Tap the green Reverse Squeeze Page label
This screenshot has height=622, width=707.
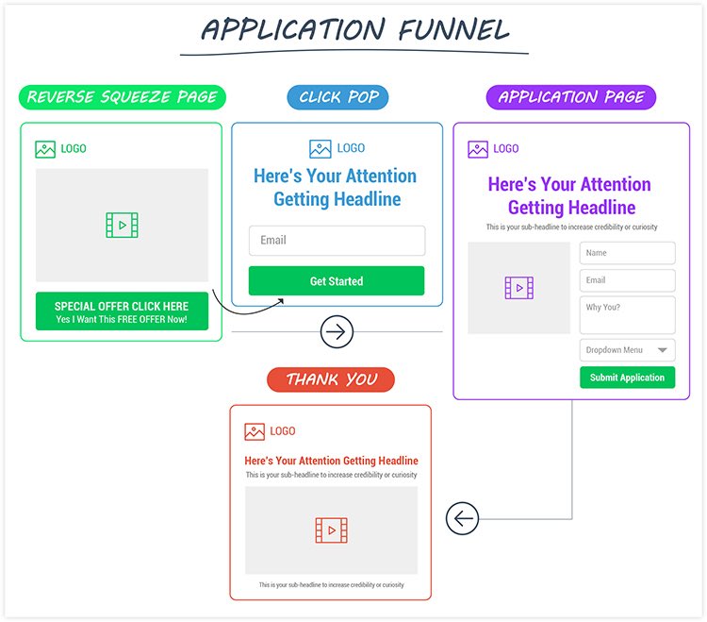pos(123,97)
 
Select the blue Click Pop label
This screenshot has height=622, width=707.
pos(337,97)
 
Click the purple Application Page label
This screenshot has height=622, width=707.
pos(570,97)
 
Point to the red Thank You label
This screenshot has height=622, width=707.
pos(331,379)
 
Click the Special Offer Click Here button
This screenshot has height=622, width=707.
pos(122,311)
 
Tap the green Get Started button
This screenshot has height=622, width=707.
pos(337,281)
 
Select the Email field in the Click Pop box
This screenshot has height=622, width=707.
pos(337,241)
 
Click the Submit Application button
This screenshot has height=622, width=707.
pos(627,378)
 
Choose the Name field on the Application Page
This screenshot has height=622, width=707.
pos(627,253)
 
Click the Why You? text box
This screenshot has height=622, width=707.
pos(627,314)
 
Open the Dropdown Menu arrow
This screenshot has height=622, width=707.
pos(662,350)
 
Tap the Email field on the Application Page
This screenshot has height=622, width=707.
pos(627,280)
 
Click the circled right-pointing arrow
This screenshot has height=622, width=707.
pos(337,332)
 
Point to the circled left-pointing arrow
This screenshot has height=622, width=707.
pos(463,518)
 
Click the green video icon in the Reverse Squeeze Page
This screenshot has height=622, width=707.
pos(122,226)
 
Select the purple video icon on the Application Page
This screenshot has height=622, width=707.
pos(519,288)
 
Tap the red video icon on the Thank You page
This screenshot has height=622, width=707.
pos(331,530)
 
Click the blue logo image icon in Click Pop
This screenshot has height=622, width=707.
pos(320,148)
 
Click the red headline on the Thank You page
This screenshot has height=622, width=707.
pos(331,461)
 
